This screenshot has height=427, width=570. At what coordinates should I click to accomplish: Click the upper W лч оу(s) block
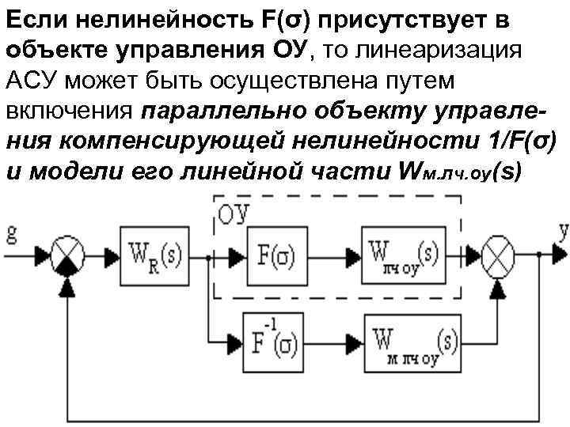(402, 255)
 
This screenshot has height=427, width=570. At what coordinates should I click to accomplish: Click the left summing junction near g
(70, 255)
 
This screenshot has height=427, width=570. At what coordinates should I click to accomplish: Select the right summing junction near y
(497, 255)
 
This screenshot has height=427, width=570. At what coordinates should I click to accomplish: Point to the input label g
(11, 233)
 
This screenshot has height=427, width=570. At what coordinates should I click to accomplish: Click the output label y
(563, 232)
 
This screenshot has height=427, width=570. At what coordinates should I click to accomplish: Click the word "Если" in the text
(32, 17)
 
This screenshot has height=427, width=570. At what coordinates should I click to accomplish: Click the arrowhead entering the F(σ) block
(237, 255)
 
